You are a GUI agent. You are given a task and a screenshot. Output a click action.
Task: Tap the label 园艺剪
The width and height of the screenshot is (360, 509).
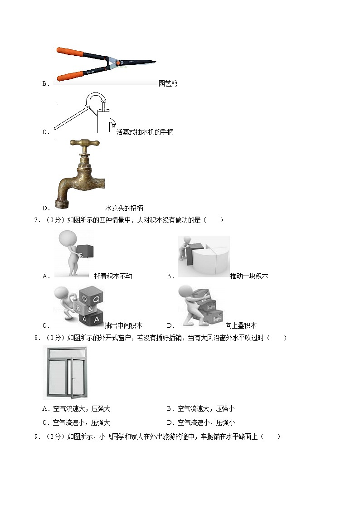tap(168, 83)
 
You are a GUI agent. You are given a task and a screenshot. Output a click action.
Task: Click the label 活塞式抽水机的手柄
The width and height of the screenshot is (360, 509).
tap(145, 132)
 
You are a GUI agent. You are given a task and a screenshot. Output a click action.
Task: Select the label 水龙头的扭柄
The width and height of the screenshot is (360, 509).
tap(124, 208)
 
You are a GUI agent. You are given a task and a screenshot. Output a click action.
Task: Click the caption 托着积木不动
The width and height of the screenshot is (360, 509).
tap(113, 276)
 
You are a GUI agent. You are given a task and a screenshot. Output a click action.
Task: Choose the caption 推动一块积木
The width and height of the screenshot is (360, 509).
tap(248, 276)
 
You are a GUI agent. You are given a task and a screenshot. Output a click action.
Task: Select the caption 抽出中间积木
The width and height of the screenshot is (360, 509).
tap(123, 325)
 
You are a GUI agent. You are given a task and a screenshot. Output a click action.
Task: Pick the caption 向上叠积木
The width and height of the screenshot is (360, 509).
tap(241, 325)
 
